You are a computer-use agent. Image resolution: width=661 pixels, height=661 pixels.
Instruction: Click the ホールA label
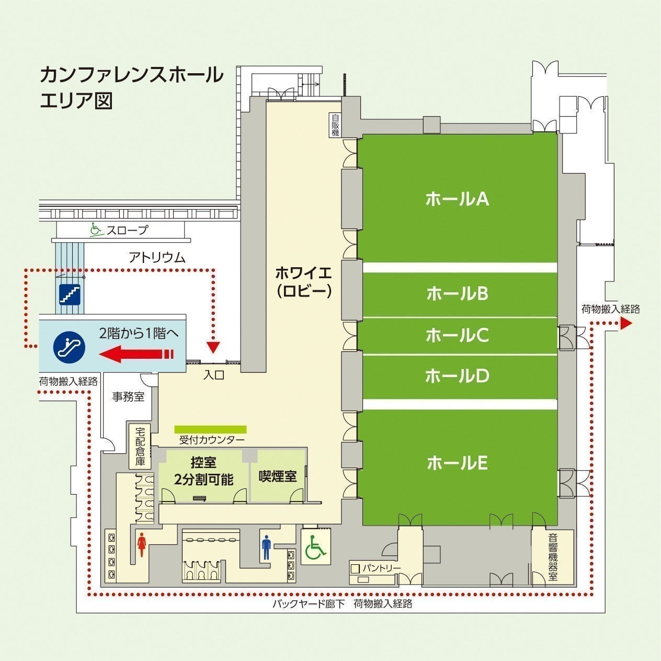click(457, 199)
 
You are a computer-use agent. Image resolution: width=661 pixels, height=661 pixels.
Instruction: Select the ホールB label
click(457, 293)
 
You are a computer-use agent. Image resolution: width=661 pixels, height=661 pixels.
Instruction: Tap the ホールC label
click(457, 335)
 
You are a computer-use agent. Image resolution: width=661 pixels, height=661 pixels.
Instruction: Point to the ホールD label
click(457, 376)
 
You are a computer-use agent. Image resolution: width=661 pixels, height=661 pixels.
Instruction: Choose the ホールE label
click(457, 463)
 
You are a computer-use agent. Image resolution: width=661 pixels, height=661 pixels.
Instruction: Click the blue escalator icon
click(69, 347)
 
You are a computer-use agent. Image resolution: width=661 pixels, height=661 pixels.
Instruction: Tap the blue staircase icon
click(70, 294)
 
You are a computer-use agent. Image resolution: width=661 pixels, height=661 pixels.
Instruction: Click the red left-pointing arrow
click(136, 354)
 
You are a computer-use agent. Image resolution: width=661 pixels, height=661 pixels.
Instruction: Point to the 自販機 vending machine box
click(335, 125)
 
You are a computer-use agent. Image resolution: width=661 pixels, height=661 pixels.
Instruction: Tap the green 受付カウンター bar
click(210, 429)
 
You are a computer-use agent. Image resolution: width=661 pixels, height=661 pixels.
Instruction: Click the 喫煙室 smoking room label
click(278, 476)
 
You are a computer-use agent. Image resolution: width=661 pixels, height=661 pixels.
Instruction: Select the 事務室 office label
click(128, 397)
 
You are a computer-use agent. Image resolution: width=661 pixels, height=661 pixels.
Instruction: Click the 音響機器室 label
click(553, 556)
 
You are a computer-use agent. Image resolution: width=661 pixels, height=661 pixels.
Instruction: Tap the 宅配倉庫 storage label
click(140, 446)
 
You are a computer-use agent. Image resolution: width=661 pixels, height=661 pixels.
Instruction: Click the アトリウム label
click(157, 257)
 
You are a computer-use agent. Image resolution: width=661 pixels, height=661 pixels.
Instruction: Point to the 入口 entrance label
click(214, 375)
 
